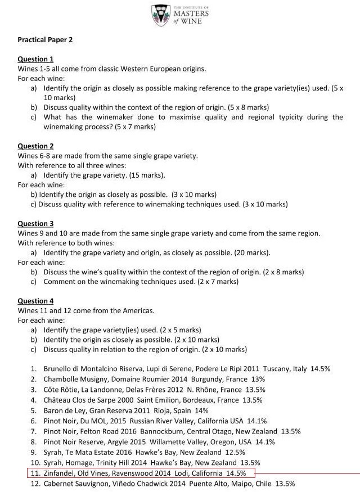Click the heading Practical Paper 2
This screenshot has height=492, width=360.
(45, 40)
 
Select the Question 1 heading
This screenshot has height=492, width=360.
(35, 59)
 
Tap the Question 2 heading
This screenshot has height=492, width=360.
(35, 146)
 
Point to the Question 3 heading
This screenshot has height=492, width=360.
(35, 224)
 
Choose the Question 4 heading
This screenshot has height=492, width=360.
(35, 301)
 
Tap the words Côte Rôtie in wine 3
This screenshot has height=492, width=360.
(61, 390)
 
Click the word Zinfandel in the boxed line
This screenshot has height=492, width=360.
(60, 473)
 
